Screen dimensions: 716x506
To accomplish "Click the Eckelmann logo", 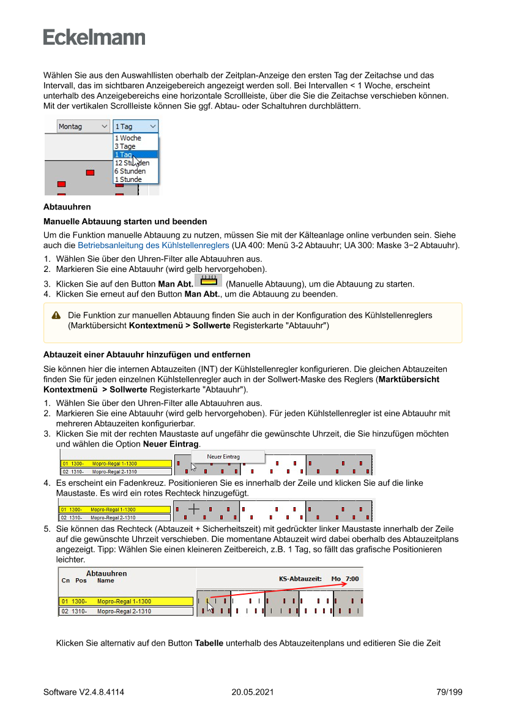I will click(x=94, y=37).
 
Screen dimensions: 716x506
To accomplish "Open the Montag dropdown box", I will click(x=83, y=126).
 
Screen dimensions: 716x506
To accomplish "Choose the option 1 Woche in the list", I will click(x=128, y=138).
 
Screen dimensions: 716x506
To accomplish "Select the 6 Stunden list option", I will click(x=130, y=171).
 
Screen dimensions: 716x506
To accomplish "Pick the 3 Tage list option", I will click(x=125, y=146).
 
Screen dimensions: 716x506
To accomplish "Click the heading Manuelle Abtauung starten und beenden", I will click(x=125, y=221).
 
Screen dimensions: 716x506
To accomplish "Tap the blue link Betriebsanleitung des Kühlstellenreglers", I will click(x=153, y=245).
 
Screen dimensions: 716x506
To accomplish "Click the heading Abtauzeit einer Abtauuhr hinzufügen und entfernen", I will click(x=147, y=355).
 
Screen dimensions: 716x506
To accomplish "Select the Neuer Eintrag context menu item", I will click(x=223, y=456).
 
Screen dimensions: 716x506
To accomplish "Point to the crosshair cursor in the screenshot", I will click(x=193, y=508).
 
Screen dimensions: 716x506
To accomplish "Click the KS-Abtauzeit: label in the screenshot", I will click(x=300, y=578).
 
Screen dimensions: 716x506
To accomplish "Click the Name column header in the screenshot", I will click(x=106, y=581).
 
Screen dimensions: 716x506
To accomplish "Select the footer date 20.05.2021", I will click(x=253, y=692).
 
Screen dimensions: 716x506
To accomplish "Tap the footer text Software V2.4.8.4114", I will click(x=84, y=692).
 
